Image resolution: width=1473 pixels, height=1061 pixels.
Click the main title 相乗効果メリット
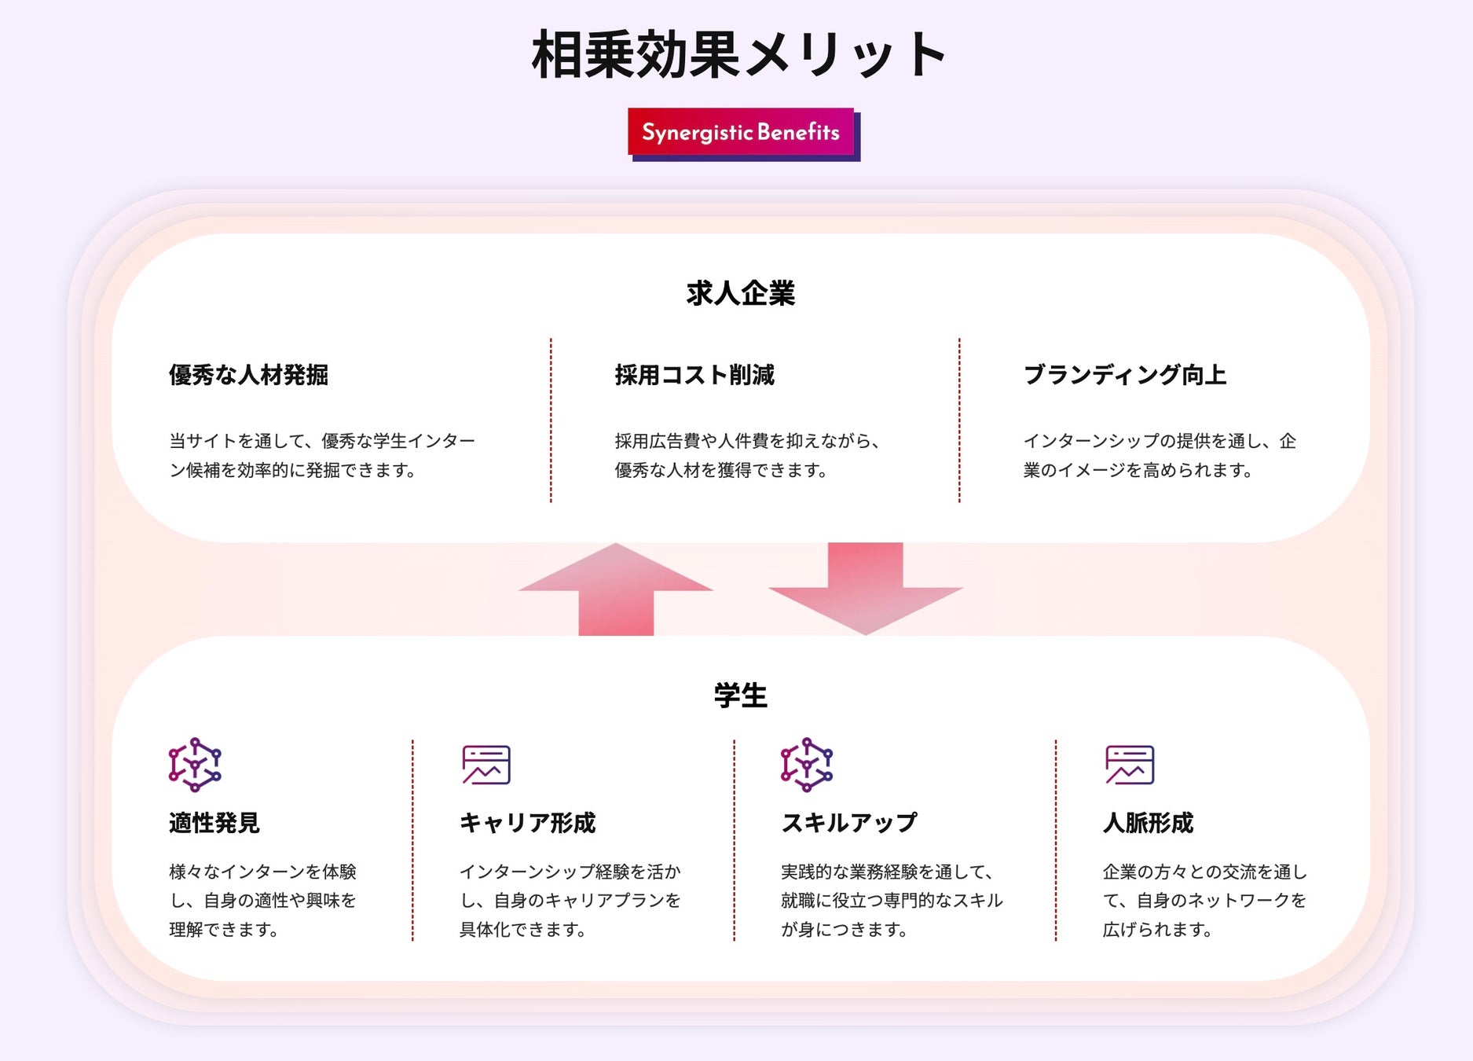738,55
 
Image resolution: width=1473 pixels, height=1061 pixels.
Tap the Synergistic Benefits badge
740,132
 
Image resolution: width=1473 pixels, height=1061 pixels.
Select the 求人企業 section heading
740,293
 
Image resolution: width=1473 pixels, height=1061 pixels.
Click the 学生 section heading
740,696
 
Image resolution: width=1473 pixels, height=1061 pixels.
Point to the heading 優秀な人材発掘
248,375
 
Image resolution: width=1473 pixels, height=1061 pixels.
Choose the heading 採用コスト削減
694,375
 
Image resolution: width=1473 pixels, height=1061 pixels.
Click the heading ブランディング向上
1124,375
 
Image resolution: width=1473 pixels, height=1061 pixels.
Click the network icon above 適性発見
195,765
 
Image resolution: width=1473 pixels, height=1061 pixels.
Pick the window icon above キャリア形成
486,765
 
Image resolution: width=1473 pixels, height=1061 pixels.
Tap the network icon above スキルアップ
807,765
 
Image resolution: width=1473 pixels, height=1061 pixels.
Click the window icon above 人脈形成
1130,765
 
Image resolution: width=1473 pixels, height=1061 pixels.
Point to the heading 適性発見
214,823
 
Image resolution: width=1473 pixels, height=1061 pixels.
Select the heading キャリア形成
527,823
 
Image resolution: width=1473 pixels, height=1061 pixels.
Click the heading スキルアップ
848,823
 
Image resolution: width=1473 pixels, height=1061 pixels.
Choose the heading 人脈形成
1148,823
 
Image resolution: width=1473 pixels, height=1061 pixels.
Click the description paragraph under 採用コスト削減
746,455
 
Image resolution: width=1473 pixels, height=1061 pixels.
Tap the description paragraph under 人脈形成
1204,900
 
